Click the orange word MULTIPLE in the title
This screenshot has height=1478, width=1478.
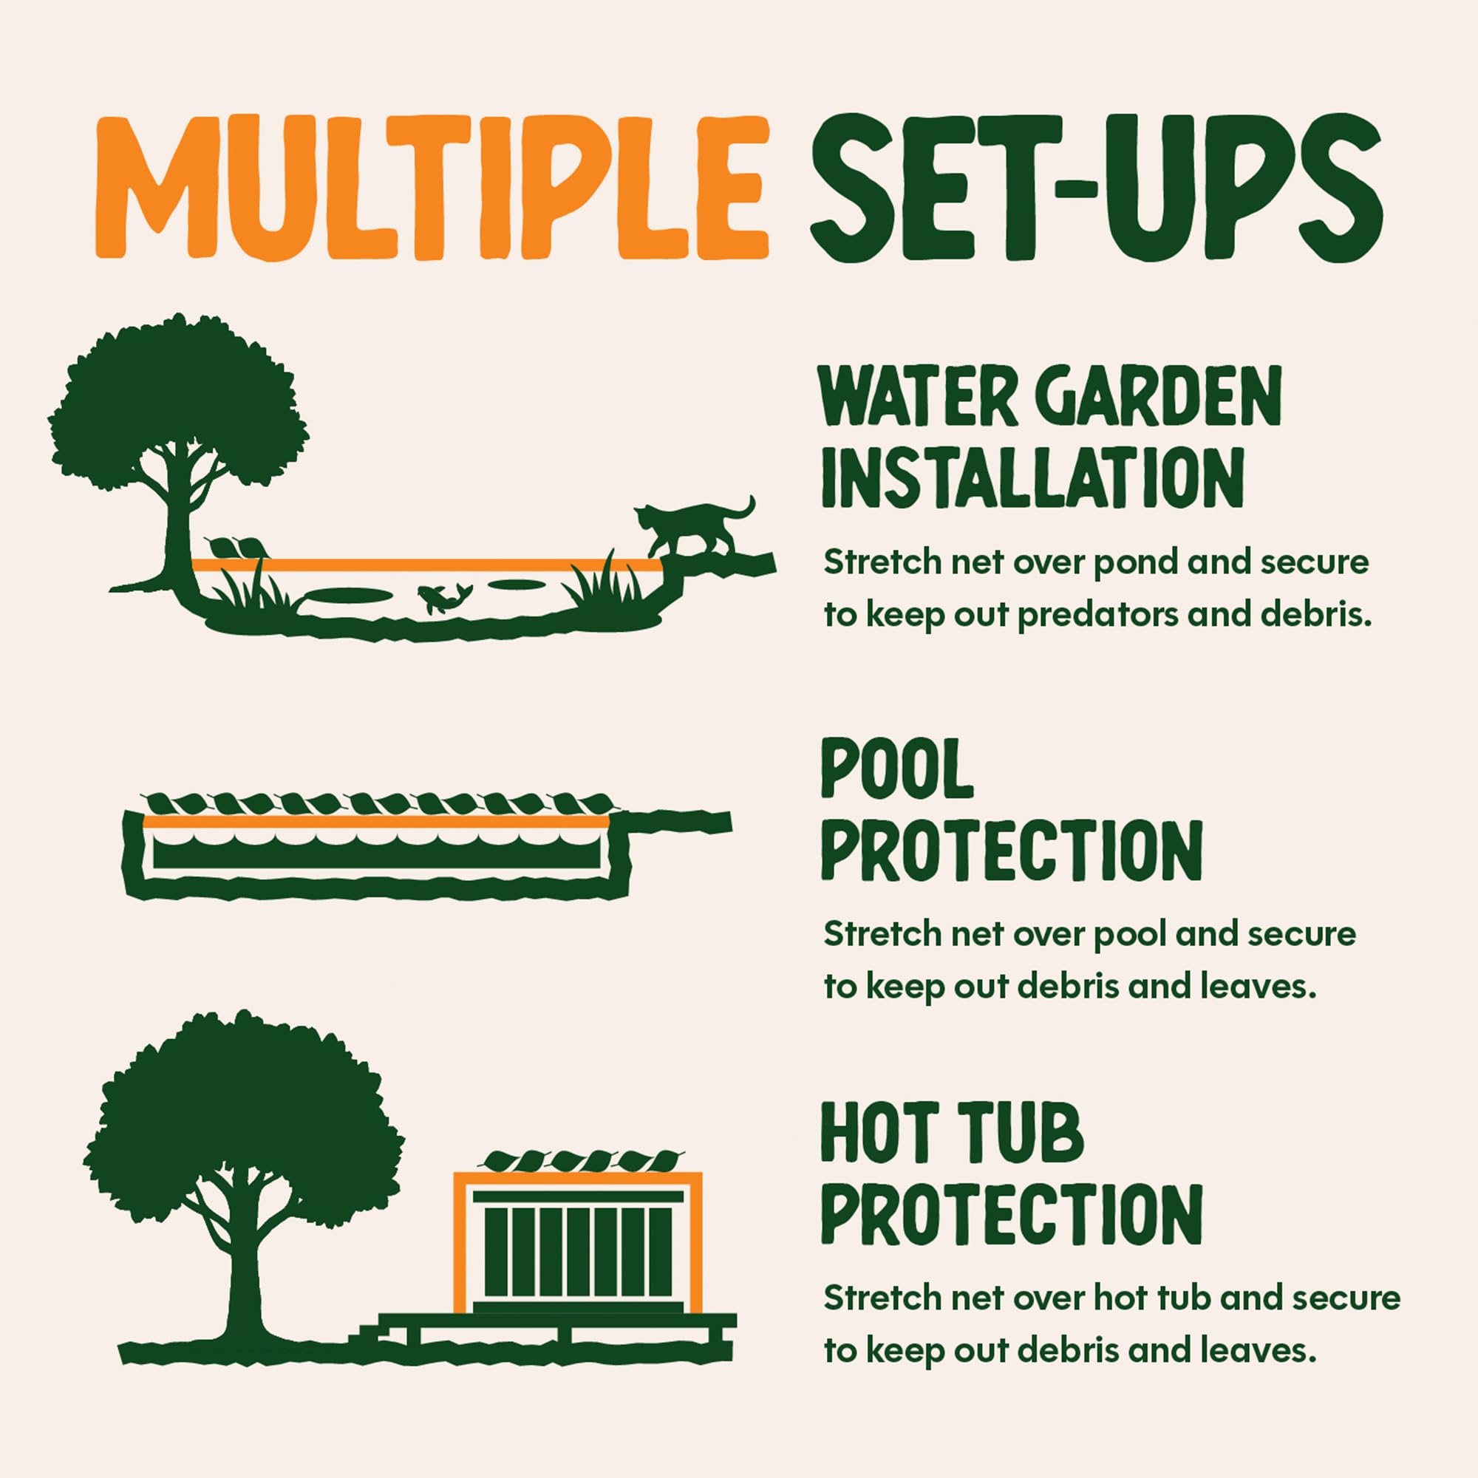coord(432,186)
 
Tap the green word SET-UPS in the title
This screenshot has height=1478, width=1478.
coord(1095,186)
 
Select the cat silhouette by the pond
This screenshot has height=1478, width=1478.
coord(693,527)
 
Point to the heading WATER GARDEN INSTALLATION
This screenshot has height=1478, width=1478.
coord(1049,438)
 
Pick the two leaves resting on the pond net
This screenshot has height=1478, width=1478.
coord(236,548)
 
